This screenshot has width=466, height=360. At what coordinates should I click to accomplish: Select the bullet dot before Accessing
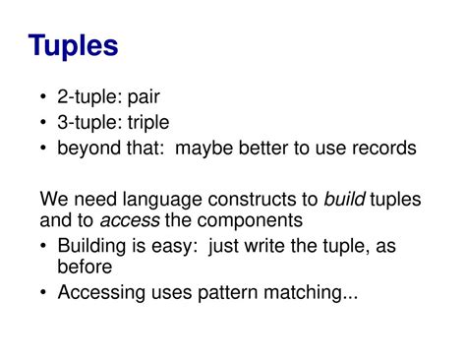46,291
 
